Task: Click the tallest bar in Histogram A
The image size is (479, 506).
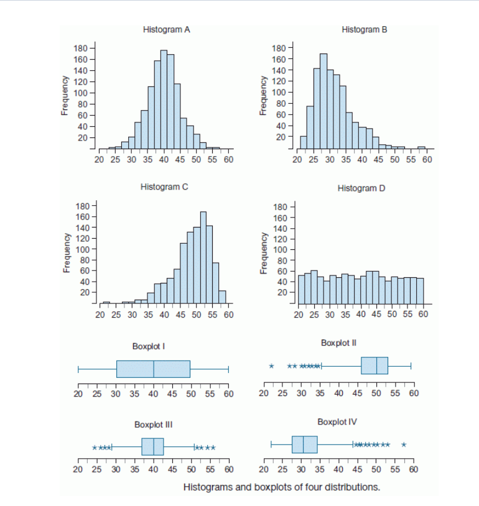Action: click(164, 99)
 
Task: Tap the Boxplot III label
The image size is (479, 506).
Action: click(153, 425)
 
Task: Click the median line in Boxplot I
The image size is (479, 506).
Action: click(154, 369)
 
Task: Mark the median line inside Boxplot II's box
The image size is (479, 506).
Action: click(376, 366)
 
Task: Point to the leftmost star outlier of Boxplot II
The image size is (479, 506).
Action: click(272, 366)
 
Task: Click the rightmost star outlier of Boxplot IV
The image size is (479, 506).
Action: click(404, 444)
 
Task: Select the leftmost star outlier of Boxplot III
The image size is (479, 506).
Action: click(95, 448)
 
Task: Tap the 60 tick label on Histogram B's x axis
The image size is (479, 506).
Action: click(427, 160)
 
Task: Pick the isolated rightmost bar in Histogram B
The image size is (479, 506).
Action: click(421, 148)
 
